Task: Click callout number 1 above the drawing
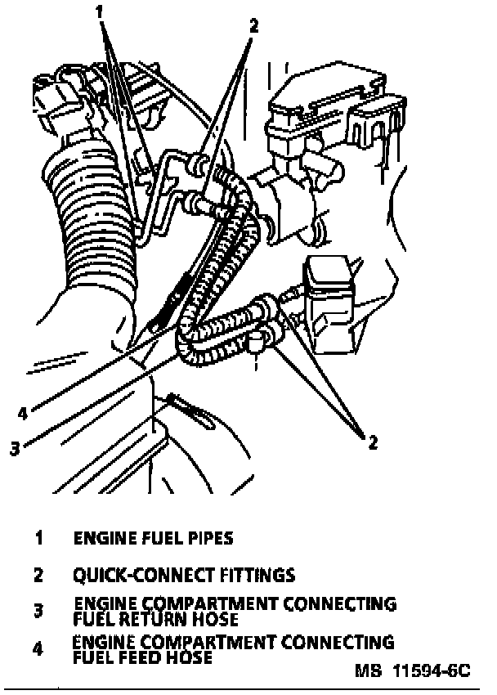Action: coord(100,12)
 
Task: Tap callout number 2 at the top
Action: coord(253,25)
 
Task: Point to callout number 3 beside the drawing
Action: coord(14,447)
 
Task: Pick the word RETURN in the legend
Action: coord(150,618)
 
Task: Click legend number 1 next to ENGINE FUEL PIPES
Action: coord(38,538)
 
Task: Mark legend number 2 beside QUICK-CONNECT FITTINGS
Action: coord(38,575)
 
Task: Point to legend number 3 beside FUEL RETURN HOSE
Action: coord(38,610)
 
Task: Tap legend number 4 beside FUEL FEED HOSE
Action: coord(38,649)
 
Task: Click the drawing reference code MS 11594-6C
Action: coord(413,671)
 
